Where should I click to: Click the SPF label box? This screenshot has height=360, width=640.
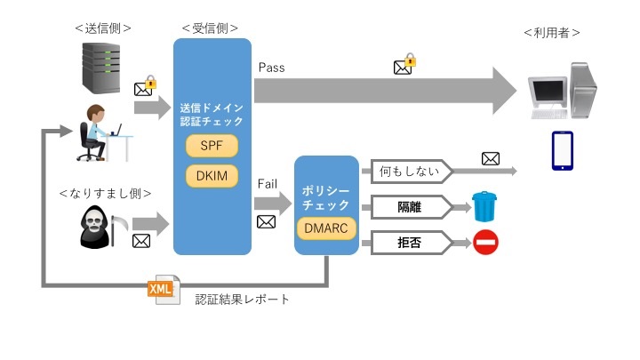(212, 144)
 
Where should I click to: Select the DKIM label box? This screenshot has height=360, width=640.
(212, 175)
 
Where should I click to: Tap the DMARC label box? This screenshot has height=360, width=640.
(326, 229)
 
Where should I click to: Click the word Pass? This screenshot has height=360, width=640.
(271, 68)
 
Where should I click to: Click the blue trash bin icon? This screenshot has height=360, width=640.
(484, 206)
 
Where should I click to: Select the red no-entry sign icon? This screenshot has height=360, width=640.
(485, 242)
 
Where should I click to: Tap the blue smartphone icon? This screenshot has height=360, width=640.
(562, 150)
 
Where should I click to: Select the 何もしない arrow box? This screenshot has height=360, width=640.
(406, 171)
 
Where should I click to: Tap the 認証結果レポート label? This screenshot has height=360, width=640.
(243, 299)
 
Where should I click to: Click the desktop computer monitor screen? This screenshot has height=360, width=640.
(547, 91)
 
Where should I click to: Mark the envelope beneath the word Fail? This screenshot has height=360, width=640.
(266, 221)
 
